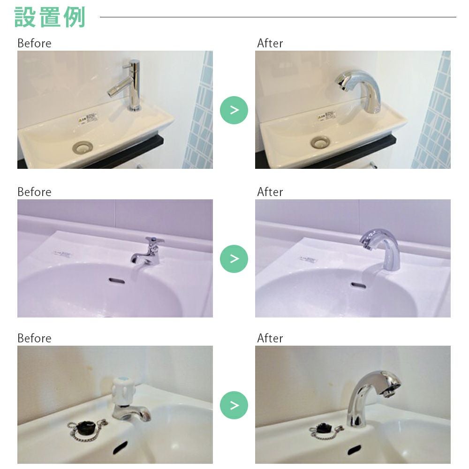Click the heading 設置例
(x=50, y=17)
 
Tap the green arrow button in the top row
(x=234, y=110)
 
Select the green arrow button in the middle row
(x=234, y=258)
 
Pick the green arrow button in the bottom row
(x=234, y=405)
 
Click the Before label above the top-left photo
(x=34, y=44)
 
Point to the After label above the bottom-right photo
(x=270, y=338)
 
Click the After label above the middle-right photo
(x=270, y=192)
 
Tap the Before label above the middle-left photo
(x=34, y=192)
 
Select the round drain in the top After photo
(x=321, y=141)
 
